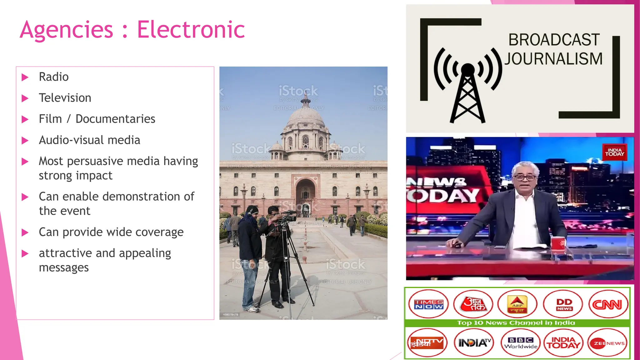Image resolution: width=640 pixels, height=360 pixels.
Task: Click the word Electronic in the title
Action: (x=191, y=30)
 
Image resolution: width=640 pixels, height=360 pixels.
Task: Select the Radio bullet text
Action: (x=54, y=77)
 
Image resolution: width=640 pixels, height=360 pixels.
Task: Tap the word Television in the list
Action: (x=65, y=98)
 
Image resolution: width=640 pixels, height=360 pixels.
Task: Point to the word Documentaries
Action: (x=115, y=119)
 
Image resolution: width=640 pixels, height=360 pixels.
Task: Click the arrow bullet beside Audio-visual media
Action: (x=25, y=141)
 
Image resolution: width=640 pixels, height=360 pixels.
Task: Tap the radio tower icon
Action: (x=467, y=91)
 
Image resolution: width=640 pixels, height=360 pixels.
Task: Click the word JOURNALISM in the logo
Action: (x=553, y=59)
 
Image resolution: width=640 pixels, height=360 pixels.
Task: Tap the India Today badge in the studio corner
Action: (x=614, y=152)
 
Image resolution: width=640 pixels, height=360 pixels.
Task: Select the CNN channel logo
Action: (x=608, y=304)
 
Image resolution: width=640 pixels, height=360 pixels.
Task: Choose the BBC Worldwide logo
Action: (x=521, y=343)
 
